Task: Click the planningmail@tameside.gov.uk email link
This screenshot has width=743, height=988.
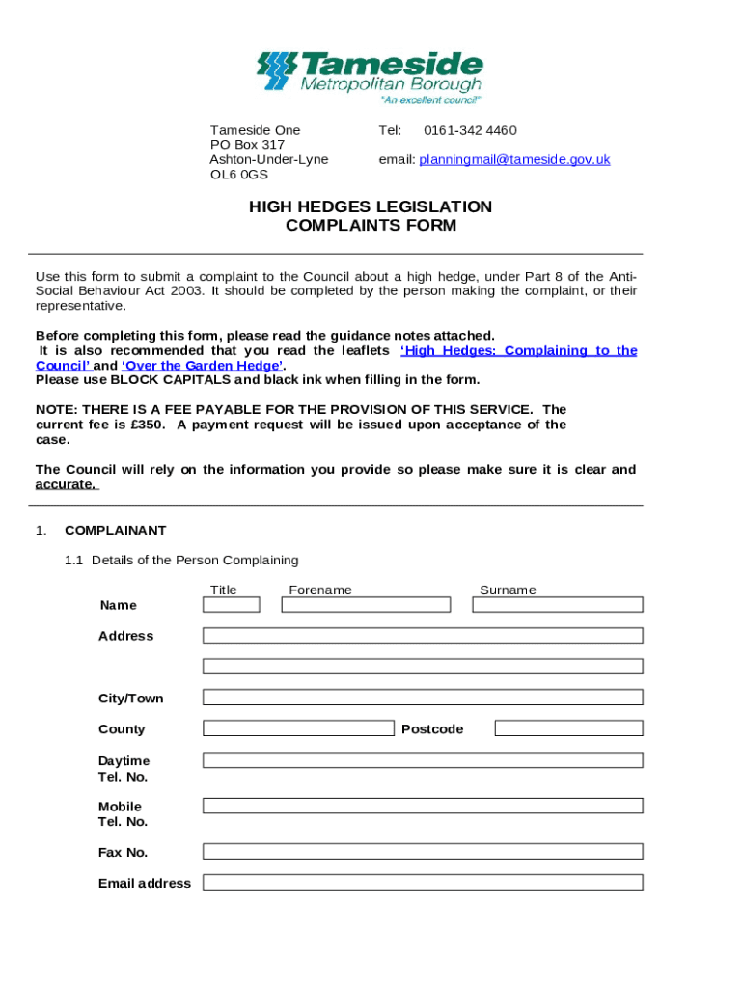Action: click(x=514, y=159)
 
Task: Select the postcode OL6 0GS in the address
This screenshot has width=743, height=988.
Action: click(x=239, y=175)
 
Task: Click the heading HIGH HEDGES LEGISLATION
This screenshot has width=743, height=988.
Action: click(x=371, y=206)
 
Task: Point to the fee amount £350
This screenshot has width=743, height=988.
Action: click(x=148, y=425)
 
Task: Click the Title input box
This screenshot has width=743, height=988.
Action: click(x=231, y=605)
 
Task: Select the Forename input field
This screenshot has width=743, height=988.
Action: click(x=366, y=605)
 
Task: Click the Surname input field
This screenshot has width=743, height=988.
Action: click(x=557, y=605)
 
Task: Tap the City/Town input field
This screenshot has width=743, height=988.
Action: click(x=423, y=698)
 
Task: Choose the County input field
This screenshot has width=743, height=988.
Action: click(x=298, y=728)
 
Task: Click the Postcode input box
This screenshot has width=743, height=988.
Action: click(x=567, y=728)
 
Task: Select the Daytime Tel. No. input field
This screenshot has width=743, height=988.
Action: click(x=423, y=760)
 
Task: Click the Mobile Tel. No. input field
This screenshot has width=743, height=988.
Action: click(x=423, y=806)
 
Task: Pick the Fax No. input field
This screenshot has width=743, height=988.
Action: click(x=423, y=852)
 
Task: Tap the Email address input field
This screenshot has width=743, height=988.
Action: click(x=423, y=883)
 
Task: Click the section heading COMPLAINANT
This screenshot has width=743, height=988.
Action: click(x=115, y=530)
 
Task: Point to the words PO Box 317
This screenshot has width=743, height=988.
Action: click(x=247, y=145)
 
